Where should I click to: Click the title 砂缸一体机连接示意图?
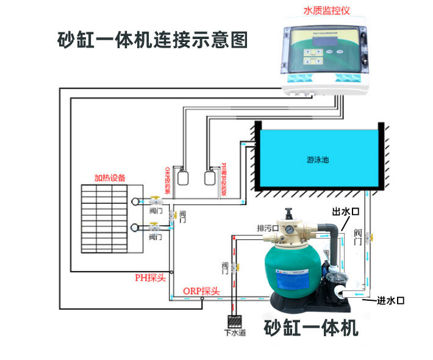pos(152,40)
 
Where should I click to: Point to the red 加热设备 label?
pos(110,178)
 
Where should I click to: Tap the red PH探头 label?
pos(150,278)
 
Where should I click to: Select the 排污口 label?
pos(267,228)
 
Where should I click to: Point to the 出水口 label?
pos(345,211)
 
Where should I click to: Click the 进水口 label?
pos(391,300)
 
